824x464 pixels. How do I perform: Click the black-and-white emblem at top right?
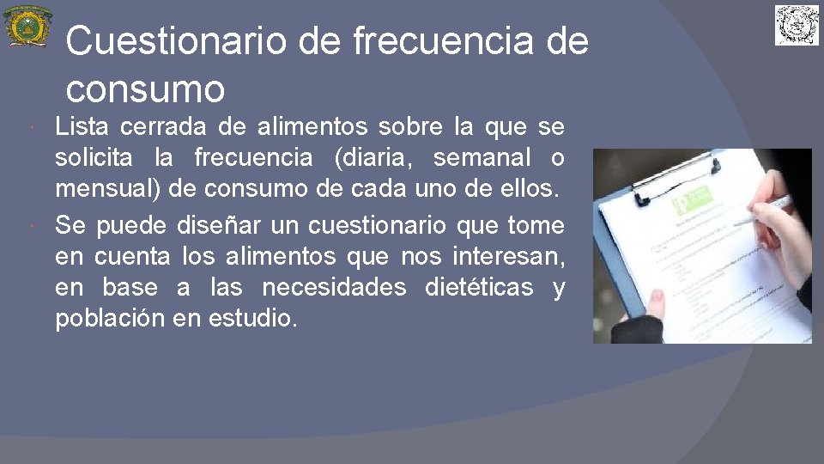(797, 25)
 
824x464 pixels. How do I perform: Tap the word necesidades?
(333, 287)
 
